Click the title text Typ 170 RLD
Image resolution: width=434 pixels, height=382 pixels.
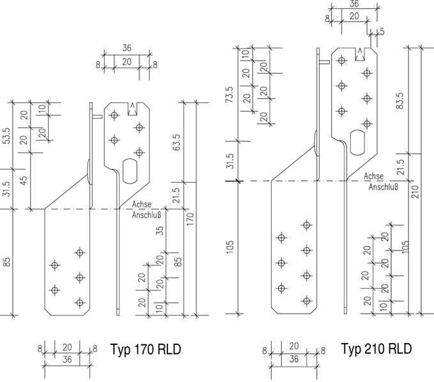146,349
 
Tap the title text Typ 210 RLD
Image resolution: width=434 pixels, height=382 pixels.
376,348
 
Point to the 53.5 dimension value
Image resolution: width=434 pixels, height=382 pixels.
6,135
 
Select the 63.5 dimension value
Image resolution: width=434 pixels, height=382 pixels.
177,142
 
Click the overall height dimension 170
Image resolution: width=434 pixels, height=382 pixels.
190,219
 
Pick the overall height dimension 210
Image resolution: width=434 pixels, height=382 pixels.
415,192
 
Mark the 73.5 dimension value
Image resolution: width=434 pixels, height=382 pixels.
229,95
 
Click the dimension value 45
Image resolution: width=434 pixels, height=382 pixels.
24,180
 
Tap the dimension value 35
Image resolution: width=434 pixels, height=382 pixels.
159,231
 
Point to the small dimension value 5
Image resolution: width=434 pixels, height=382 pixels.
382,31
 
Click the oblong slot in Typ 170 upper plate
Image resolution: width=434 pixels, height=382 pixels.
130,171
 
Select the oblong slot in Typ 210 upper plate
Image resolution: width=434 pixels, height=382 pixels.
357,142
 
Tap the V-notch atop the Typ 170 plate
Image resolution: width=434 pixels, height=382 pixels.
132,109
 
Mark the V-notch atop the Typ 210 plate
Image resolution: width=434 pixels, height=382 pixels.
360,54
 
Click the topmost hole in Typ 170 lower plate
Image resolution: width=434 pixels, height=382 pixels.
80,252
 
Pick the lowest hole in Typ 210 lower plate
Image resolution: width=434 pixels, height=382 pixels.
306,301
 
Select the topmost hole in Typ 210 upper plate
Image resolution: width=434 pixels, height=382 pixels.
341,60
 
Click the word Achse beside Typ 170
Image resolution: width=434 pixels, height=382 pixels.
142,204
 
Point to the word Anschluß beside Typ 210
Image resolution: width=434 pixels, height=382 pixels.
384,187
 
